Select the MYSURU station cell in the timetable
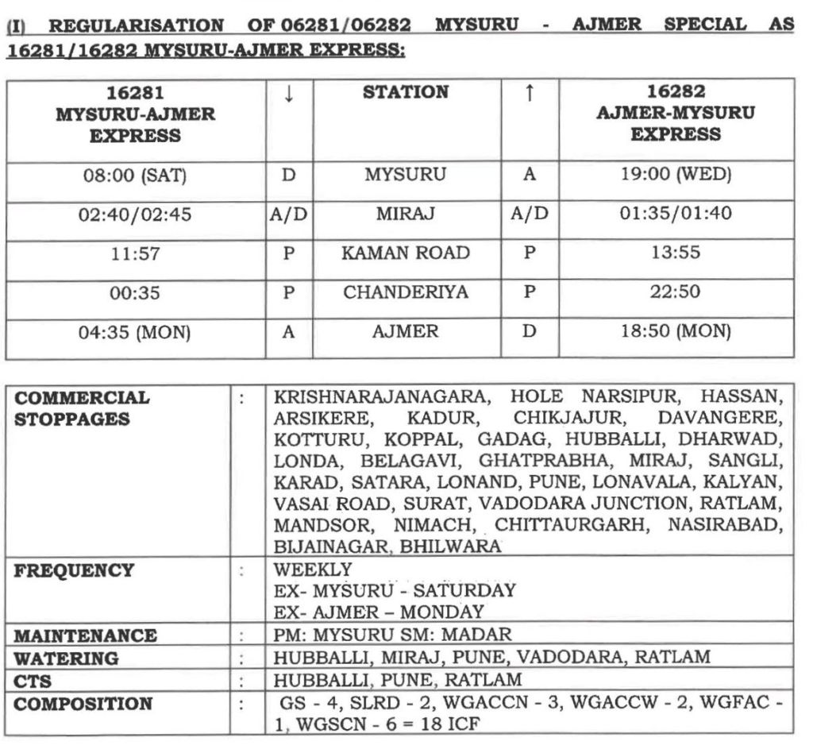pyautogui.click(x=405, y=175)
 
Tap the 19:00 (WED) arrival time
pyautogui.click(x=675, y=175)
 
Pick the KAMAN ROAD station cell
pyautogui.click(x=405, y=253)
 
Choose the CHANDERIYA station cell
pyautogui.click(x=405, y=292)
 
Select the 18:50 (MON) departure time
pyautogui.click(x=675, y=331)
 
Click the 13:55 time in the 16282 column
pyautogui.click(x=675, y=253)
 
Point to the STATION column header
pyautogui.click(x=405, y=93)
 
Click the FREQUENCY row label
pyautogui.click(x=75, y=570)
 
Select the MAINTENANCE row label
pyautogui.click(x=86, y=636)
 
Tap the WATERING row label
pyautogui.click(x=67, y=658)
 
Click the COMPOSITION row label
pyautogui.click(x=83, y=704)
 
